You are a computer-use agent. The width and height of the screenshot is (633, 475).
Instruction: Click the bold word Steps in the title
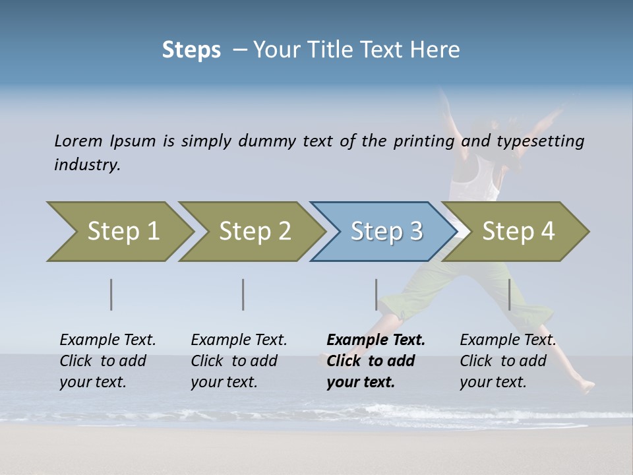tap(191, 50)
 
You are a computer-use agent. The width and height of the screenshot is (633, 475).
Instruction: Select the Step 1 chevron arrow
tap(121, 232)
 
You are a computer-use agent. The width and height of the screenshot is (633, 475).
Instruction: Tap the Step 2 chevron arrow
tap(253, 232)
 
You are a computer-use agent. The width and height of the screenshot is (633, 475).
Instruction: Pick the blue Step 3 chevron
tap(385, 232)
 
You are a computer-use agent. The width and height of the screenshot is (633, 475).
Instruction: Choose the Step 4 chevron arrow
tap(517, 232)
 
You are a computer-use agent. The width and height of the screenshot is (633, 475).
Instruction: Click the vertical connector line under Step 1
tap(111, 294)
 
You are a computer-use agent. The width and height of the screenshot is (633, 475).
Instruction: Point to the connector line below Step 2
tap(243, 294)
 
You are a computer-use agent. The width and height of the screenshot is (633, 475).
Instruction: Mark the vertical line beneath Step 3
tap(377, 294)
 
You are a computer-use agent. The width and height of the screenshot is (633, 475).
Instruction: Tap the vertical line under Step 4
tap(510, 294)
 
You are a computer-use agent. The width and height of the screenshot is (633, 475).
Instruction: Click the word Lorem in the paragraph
tap(78, 141)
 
